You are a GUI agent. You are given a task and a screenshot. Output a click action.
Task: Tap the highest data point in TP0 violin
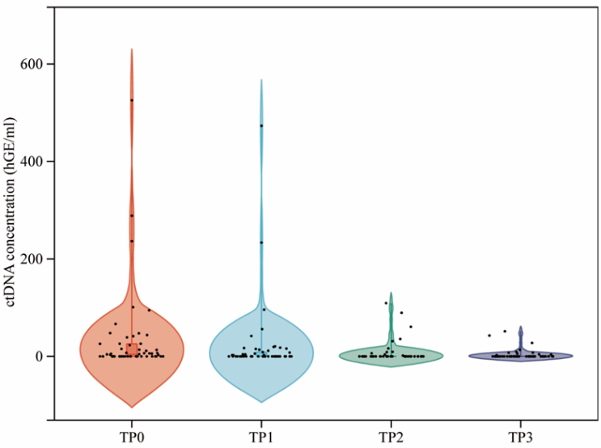tap(132, 100)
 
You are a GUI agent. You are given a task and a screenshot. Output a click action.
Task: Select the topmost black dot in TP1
tap(261, 126)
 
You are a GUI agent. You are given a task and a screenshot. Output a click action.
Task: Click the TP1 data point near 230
tap(261, 243)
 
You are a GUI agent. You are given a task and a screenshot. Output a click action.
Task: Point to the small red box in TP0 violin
tap(132, 349)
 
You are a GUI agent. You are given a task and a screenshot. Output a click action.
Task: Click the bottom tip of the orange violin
tap(132, 407)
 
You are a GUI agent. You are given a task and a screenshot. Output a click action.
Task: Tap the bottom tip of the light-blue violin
tap(261, 402)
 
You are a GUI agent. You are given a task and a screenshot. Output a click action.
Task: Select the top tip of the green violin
tap(391, 293)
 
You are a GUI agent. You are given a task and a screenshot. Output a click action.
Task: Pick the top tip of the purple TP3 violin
tap(520, 327)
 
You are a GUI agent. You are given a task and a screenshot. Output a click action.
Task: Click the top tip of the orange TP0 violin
tap(132, 49)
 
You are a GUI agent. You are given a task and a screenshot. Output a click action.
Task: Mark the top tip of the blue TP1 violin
tap(261, 80)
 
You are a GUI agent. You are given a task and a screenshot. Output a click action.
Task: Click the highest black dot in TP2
tap(387, 303)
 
